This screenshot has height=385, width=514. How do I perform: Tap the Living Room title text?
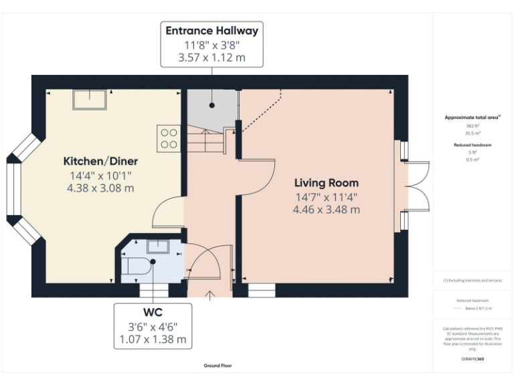[x=327, y=182]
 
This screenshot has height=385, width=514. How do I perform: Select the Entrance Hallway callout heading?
[x=211, y=31]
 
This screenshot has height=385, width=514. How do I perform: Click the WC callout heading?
[x=152, y=312]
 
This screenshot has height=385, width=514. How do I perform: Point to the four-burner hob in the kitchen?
[x=169, y=138]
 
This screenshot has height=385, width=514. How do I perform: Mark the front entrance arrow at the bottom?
[x=211, y=295]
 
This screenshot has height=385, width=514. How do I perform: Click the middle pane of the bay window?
[x=13, y=186]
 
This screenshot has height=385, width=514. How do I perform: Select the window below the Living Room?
[x=262, y=291]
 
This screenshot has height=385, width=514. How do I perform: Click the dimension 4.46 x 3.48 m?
[x=327, y=209]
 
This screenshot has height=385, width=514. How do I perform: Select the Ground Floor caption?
[x=218, y=366]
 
